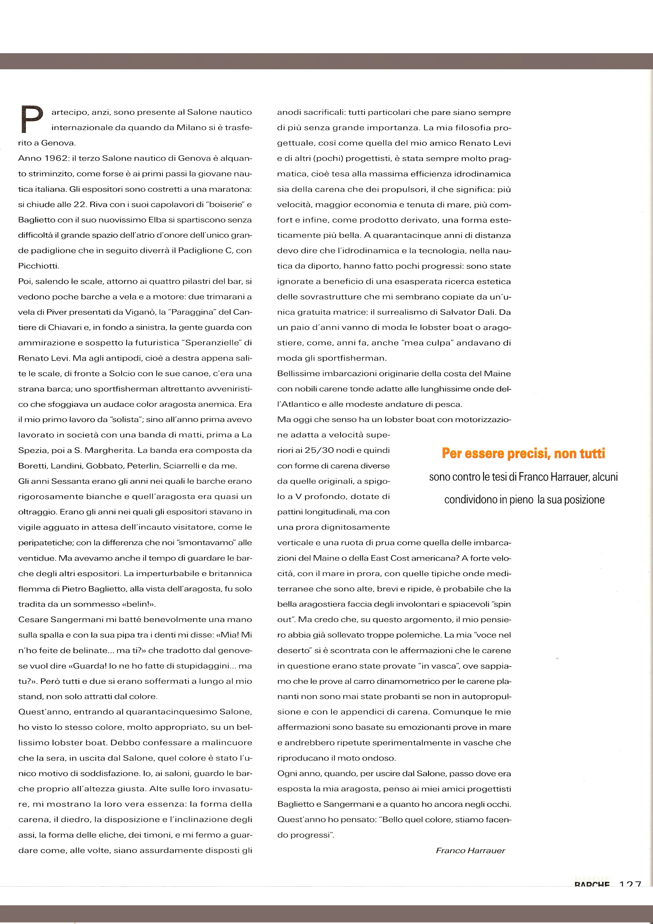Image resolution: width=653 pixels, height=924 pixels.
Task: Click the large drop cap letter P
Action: pos(31,119)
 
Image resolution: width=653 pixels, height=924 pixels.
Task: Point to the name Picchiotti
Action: pos(38,266)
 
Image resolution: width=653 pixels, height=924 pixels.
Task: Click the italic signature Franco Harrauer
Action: pos(470,850)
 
